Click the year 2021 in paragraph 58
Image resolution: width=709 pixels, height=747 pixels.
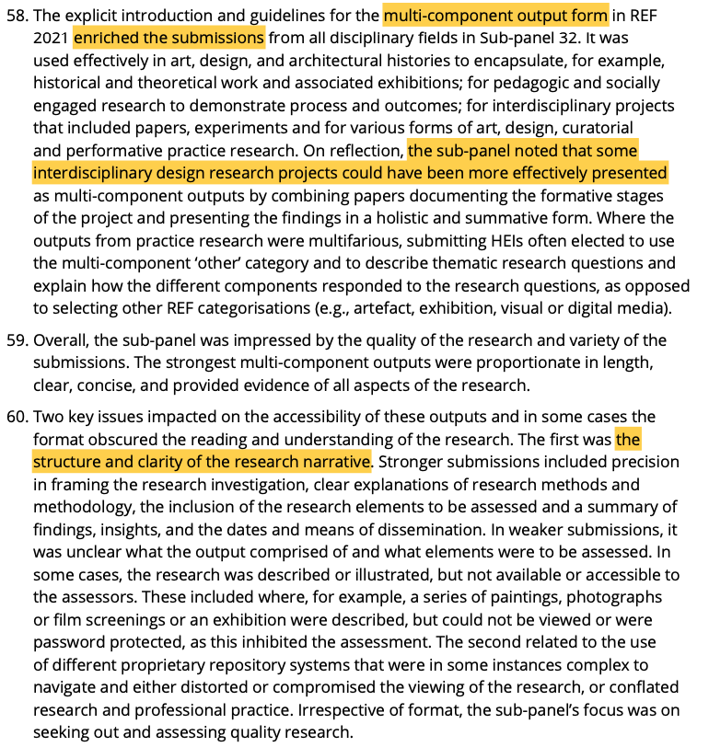click(x=52, y=38)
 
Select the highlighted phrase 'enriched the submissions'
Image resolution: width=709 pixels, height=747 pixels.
click(x=169, y=38)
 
